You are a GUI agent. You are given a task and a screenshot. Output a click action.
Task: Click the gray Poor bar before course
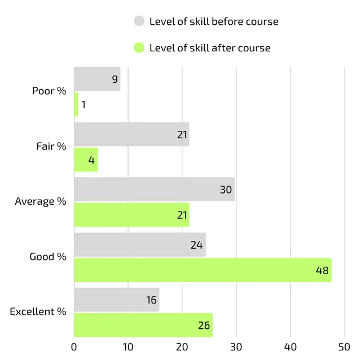point(97,79)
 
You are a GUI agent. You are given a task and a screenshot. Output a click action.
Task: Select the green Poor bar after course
point(76,104)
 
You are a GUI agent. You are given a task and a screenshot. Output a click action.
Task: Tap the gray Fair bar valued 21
point(131,134)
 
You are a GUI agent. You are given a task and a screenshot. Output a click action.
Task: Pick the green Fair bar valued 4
point(86,160)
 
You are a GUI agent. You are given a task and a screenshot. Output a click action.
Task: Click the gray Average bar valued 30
point(154,190)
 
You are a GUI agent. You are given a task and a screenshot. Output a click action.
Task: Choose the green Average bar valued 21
point(131,215)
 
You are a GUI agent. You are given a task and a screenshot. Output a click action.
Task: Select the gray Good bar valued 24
point(140,245)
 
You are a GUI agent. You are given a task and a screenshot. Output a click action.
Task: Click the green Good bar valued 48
point(202,270)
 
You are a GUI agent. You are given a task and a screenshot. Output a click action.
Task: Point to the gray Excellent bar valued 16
point(117,300)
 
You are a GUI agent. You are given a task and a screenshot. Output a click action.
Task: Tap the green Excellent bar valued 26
point(143,325)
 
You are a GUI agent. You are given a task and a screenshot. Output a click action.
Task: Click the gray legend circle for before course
point(139,21)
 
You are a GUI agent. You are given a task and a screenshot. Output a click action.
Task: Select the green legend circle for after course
point(139,48)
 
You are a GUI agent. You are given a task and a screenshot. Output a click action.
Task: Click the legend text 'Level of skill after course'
point(210,48)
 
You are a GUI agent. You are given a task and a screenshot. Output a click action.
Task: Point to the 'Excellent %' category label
point(38,312)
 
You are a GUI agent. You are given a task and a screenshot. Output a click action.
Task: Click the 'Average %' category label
point(41,201)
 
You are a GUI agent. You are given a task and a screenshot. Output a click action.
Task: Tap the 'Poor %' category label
point(49,91)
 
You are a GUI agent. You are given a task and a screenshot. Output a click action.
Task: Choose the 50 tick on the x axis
point(344,346)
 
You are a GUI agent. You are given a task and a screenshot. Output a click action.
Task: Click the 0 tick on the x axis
point(74,346)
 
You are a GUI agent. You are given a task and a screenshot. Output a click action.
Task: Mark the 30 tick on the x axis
point(236,346)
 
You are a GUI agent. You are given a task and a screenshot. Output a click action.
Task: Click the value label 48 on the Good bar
point(322,270)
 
